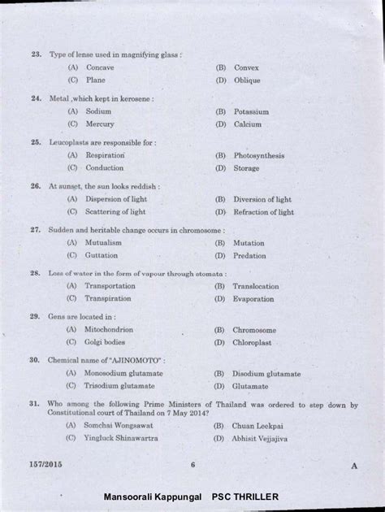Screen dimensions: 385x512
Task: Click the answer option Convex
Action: (x=246, y=67)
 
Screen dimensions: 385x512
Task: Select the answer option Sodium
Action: (x=98, y=111)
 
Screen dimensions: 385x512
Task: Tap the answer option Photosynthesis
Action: (x=258, y=155)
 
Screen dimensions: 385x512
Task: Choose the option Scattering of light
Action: (x=115, y=212)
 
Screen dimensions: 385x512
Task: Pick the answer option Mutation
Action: (x=249, y=243)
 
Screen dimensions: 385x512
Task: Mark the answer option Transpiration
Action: (x=109, y=299)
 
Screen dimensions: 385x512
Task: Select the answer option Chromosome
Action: (x=254, y=331)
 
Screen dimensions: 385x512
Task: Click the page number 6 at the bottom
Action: (x=193, y=465)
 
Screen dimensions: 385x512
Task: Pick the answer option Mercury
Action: (x=101, y=124)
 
